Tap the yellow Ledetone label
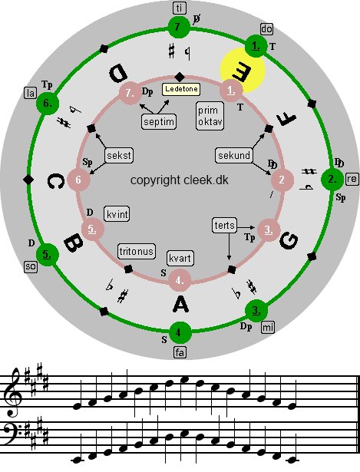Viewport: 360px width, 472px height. (181, 89)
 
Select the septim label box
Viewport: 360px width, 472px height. (159, 121)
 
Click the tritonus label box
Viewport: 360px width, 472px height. (137, 252)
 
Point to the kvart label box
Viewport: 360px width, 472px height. (180, 259)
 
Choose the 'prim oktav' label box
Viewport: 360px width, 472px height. (210, 116)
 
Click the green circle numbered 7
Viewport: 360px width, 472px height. (179, 28)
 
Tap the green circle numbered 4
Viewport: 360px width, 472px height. (180, 332)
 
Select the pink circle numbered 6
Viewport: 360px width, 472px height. (78, 180)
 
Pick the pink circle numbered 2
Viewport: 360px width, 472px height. (282, 180)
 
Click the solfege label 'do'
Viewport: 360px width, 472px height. (266, 29)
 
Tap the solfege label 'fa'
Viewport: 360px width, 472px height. (180, 352)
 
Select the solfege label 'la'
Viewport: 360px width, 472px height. (31, 93)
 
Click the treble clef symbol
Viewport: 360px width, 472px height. (13, 392)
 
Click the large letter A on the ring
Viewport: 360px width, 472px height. (181, 305)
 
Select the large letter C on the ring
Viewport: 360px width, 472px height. (56, 181)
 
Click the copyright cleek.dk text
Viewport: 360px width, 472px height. (180, 180)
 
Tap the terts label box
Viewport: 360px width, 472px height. (225, 226)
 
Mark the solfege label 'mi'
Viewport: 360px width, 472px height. (268, 327)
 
